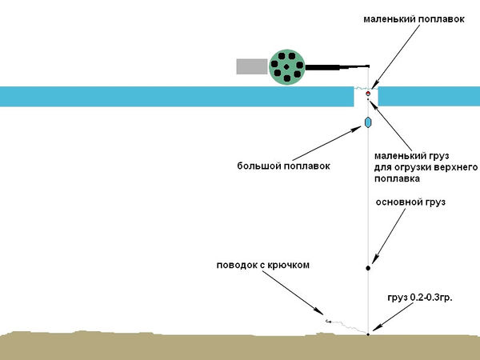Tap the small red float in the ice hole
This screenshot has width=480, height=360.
tap(368, 94)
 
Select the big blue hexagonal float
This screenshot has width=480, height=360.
tap(368, 122)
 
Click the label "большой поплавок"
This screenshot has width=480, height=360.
tap(283, 166)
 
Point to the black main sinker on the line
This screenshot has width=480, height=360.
tap(368, 268)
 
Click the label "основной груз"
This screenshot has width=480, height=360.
tap(410, 202)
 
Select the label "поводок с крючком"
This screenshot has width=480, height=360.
tap(262, 265)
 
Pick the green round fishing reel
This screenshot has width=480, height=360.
tap(287, 66)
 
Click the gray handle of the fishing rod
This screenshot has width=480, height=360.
tap(252, 66)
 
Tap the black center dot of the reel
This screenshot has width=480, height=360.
tap(287, 66)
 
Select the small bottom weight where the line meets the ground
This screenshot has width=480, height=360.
tap(368, 334)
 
